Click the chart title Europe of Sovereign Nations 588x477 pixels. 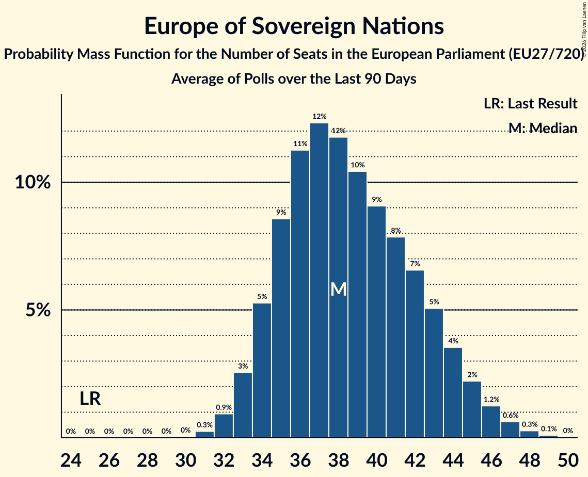pyautogui.click(x=294, y=26)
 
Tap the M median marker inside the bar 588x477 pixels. pyautogui.click(x=338, y=290)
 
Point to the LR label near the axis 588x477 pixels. pyautogui.click(x=90, y=399)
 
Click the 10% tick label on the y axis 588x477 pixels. pyautogui.click(x=35, y=183)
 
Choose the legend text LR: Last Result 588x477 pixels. pyautogui.click(x=530, y=104)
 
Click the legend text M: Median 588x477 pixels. pyautogui.click(x=542, y=128)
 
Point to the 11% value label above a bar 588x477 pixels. pyautogui.click(x=300, y=144)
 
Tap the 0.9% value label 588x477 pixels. pyautogui.click(x=224, y=407)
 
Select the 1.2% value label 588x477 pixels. pyautogui.click(x=491, y=400)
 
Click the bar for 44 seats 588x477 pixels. pyautogui.click(x=453, y=392)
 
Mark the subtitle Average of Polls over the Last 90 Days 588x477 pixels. pyautogui.click(x=294, y=79)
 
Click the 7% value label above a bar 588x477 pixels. pyautogui.click(x=415, y=264)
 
